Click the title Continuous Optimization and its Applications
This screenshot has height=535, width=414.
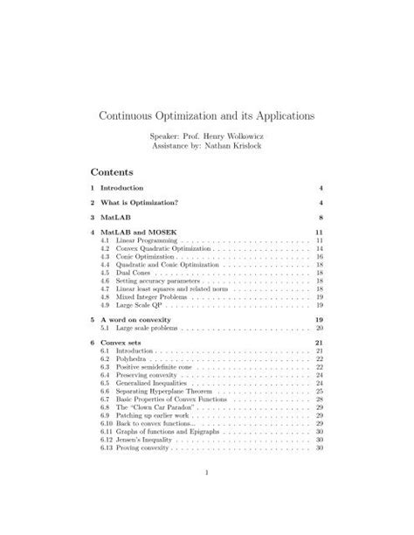click(207, 115)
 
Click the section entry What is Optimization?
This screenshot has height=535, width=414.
click(140, 202)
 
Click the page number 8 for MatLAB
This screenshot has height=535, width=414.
click(321, 217)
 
